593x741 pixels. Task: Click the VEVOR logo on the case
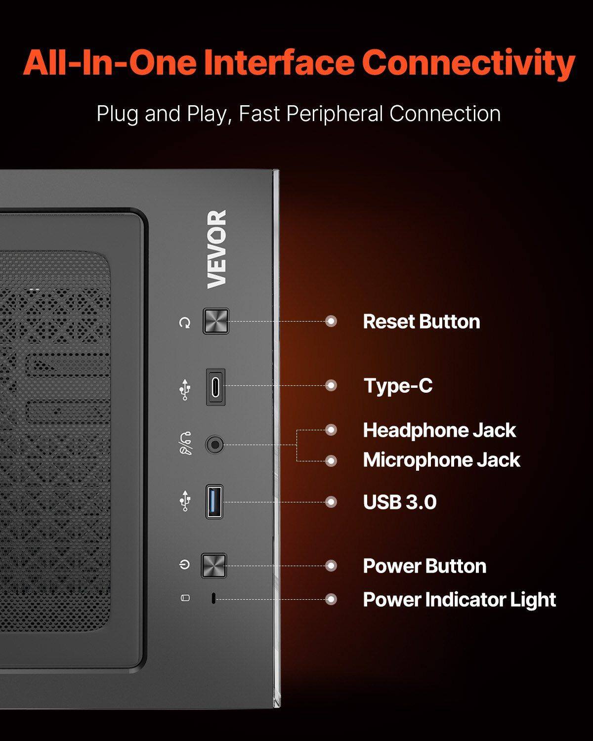click(216, 249)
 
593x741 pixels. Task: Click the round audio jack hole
click(214, 445)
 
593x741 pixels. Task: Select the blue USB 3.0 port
click(214, 501)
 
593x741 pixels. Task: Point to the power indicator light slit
click(213, 599)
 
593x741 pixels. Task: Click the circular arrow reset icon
click(185, 323)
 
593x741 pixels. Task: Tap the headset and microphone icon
click(185, 443)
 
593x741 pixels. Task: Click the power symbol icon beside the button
click(184, 564)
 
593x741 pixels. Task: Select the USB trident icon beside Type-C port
click(185, 389)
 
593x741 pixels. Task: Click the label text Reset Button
click(421, 322)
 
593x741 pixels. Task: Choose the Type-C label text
click(398, 386)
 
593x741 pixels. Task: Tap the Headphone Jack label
click(439, 430)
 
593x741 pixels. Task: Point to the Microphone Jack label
click(441, 460)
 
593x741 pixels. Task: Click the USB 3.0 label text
click(400, 502)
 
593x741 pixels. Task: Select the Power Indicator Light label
click(459, 600)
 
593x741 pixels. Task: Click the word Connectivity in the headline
click(468, 63)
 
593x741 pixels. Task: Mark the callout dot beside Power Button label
click(332, 566)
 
